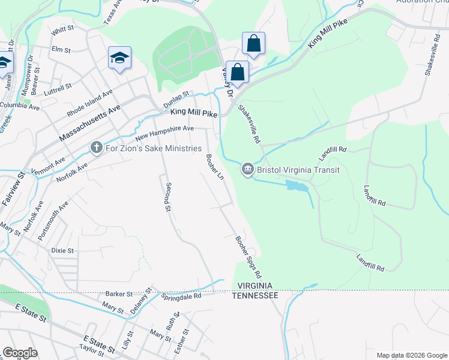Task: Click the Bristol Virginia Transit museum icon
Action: (247, 170)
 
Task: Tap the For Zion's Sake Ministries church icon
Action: (95, 148)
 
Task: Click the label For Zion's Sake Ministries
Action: (152, 148)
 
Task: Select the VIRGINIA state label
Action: (255, 286)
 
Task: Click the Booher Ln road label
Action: (214, 167)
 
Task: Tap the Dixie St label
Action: (62, 250)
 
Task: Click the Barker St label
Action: (119, 294)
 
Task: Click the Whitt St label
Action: (62, 28)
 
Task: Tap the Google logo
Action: (20, 353)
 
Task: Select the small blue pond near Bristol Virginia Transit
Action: (297, 187)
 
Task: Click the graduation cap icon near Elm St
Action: (119, 59)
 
